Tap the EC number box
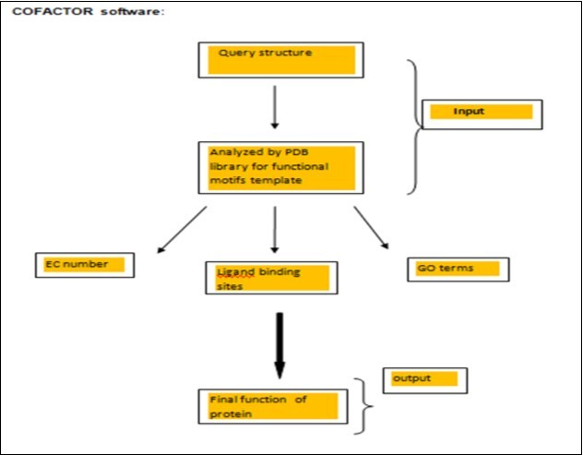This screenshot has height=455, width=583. pos(84,265)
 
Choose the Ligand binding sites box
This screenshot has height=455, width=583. pos(270,277)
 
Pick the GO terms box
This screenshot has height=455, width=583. pos(458,269)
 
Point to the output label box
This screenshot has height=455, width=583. pos(424,379)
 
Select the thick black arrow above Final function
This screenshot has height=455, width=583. pos(280,344)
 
